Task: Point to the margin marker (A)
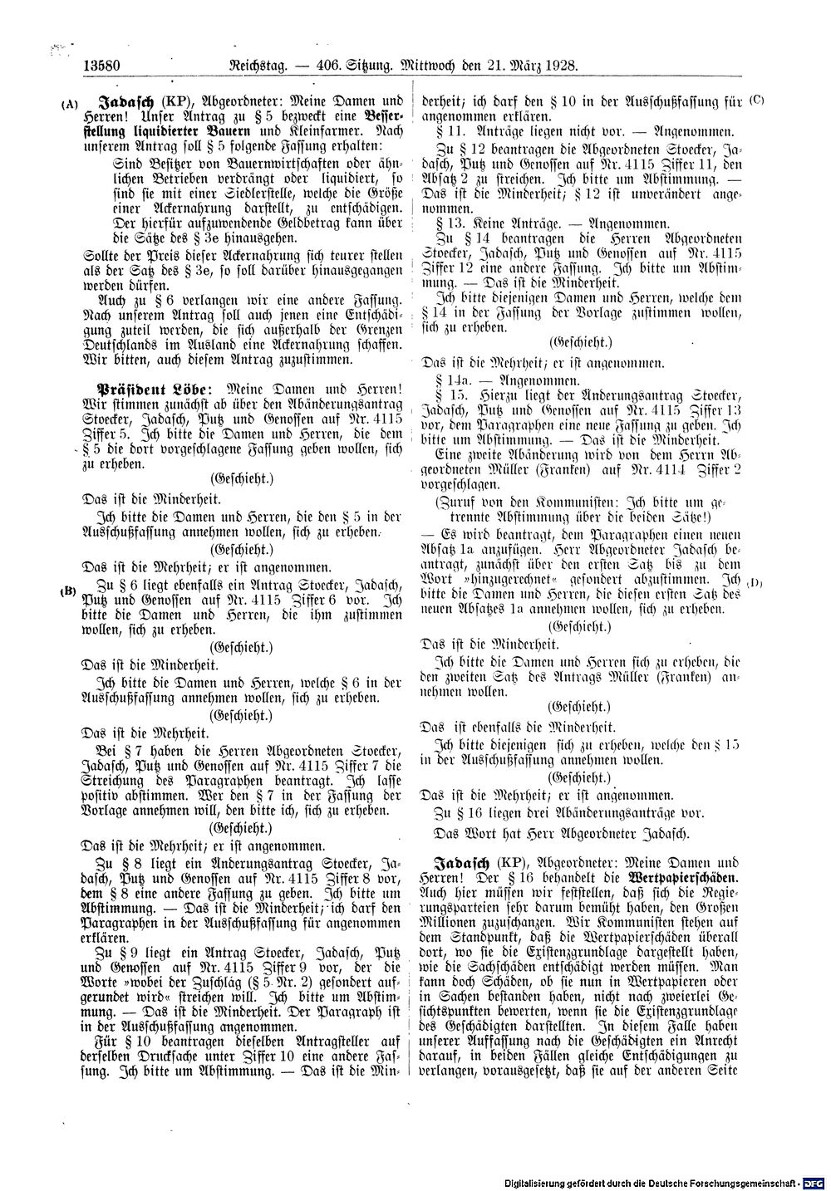(x=69, y=105)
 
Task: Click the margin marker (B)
(x=68, y=591)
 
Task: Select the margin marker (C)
(x=756, y=100)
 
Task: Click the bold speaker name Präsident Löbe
(x=150, y=389)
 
